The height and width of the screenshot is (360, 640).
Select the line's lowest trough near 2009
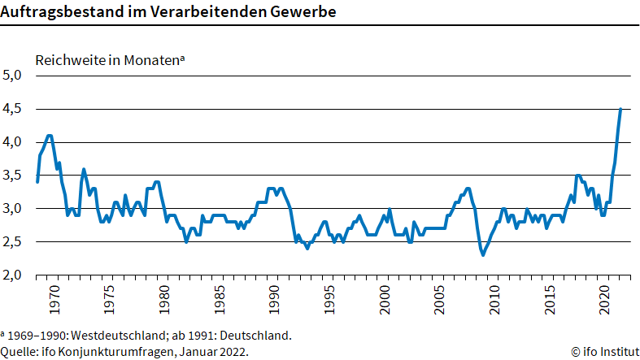pos(483,255)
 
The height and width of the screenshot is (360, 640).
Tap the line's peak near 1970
pos(50,136)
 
